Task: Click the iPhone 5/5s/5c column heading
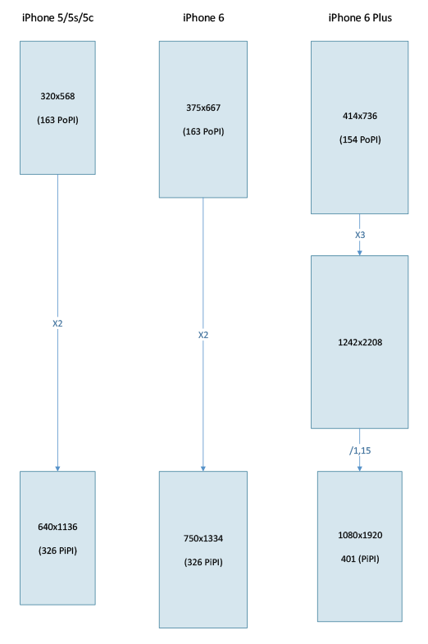[58, 18]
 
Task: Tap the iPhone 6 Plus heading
[360, 18]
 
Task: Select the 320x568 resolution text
[57, 96]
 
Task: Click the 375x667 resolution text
[203, 107]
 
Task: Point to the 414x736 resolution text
[360, 116]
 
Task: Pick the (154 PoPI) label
[360, 139]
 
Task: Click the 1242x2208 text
[360, 342]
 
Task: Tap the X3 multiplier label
[360, 235]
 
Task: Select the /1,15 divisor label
[360, 450]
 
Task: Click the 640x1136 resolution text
[57, 527]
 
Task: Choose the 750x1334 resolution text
[203, 538]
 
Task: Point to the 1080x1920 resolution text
[360, 535]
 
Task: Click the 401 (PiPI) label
[360, 559]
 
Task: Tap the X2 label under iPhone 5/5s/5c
[57, 324]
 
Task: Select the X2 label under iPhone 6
[203, 336]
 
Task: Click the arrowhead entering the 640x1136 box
[57, 469]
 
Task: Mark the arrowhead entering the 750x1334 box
[203, 469]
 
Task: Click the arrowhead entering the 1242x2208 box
[360, 253]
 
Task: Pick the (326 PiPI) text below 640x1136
[57, 550]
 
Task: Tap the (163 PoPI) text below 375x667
[203, 131]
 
